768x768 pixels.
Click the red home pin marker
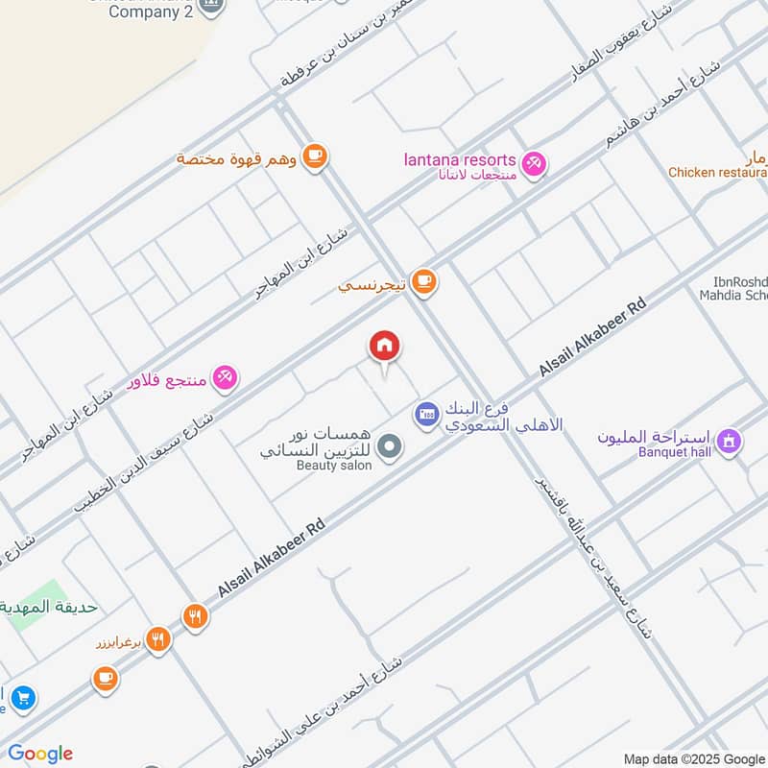point(385,347)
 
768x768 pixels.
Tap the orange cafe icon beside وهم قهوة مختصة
point(314,156)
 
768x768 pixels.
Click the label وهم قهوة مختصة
point(237,157)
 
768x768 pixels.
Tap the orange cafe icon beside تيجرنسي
point(423,282)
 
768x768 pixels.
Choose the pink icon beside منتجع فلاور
point(226,377)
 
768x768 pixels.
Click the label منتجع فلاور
point(168,380)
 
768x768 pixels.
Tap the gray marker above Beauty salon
point(389,446)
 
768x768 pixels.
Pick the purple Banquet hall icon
point(729,441)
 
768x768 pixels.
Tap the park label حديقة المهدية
point(48,607)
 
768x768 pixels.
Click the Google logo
point(40,754)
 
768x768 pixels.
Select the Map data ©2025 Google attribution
point(694,758)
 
